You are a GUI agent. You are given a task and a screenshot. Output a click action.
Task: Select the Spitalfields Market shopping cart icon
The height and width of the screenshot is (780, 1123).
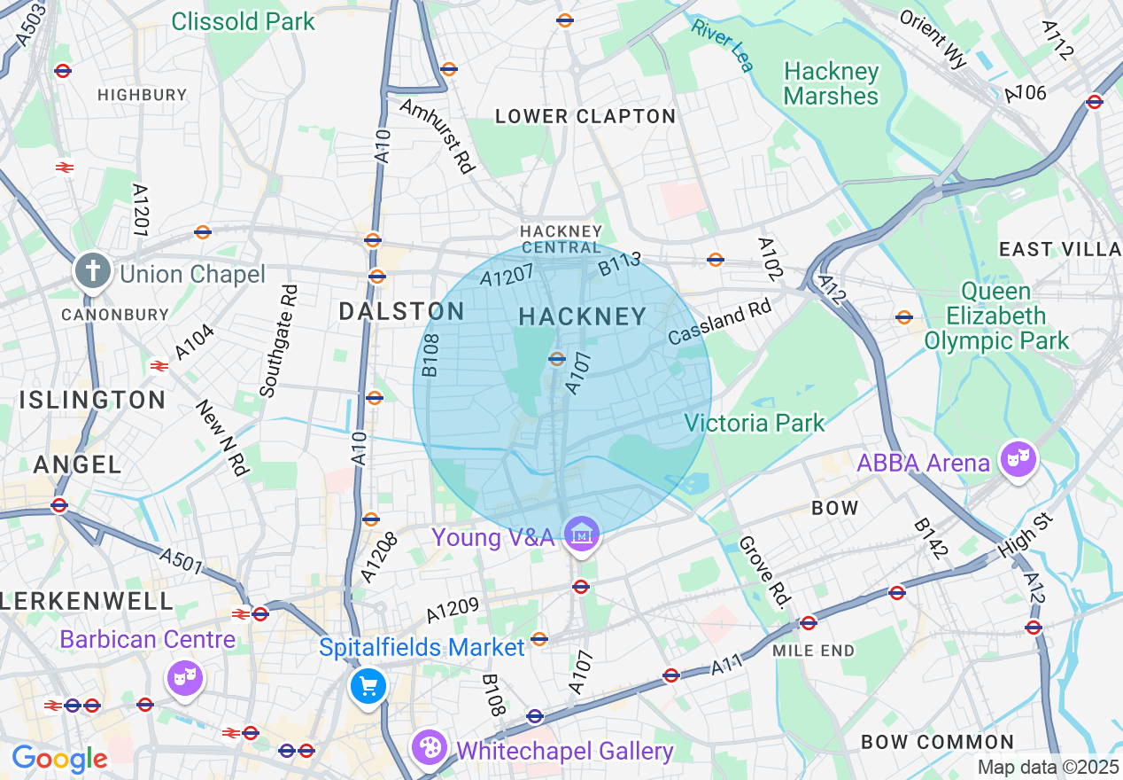(367, 686)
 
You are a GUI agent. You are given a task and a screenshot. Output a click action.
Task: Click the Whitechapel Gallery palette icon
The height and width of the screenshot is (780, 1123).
(430, 747)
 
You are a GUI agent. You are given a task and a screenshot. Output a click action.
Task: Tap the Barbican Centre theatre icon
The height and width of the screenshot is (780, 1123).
(184, 678)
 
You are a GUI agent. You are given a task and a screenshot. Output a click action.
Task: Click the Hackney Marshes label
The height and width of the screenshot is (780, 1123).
(832, 84)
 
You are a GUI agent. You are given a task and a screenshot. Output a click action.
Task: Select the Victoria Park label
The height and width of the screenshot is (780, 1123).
(755, 423)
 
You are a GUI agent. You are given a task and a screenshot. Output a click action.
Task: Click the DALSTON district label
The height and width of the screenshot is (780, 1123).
(402, 311)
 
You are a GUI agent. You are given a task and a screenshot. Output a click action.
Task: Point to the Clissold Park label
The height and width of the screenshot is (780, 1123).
(243, 21)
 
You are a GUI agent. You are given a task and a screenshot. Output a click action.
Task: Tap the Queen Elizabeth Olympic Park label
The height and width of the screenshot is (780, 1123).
(996, 316)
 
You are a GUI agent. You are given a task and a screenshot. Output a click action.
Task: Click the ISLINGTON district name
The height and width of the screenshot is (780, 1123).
(93, 400)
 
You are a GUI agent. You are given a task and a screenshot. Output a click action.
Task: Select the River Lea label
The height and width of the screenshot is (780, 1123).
(723, 43)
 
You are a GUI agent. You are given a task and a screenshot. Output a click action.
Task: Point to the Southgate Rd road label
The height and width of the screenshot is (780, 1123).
(278, 340)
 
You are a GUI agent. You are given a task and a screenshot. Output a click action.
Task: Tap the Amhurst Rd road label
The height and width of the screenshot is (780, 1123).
(437, 136)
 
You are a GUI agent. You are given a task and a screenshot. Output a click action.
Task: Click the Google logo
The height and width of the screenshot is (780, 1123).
(59, 759)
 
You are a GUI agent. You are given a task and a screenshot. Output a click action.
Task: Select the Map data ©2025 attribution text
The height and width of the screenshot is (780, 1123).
(1048, 767)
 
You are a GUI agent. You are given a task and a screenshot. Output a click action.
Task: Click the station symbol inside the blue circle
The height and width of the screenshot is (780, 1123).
(557, 359)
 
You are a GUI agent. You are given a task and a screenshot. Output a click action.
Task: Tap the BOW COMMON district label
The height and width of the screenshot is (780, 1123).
(938, 742)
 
